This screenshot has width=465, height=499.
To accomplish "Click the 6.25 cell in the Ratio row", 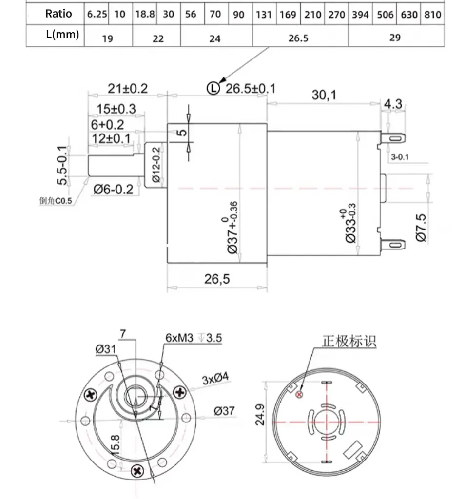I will [97, 14].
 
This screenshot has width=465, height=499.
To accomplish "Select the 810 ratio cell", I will [432, 14].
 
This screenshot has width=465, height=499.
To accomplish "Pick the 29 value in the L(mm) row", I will [395, 38].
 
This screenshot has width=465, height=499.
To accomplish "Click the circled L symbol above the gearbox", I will [213, 88].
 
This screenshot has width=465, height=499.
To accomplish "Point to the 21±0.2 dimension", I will [127, 88].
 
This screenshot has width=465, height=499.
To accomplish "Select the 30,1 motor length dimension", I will [324, 95].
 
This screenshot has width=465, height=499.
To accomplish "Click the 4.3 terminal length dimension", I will [393, 104].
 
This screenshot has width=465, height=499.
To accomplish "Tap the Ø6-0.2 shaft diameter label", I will [113, 189].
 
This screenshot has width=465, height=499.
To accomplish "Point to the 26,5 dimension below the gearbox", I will [217, 279].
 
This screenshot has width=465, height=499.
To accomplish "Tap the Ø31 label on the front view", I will [105, 349].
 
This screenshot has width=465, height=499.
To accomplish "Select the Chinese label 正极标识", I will [349, 341].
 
